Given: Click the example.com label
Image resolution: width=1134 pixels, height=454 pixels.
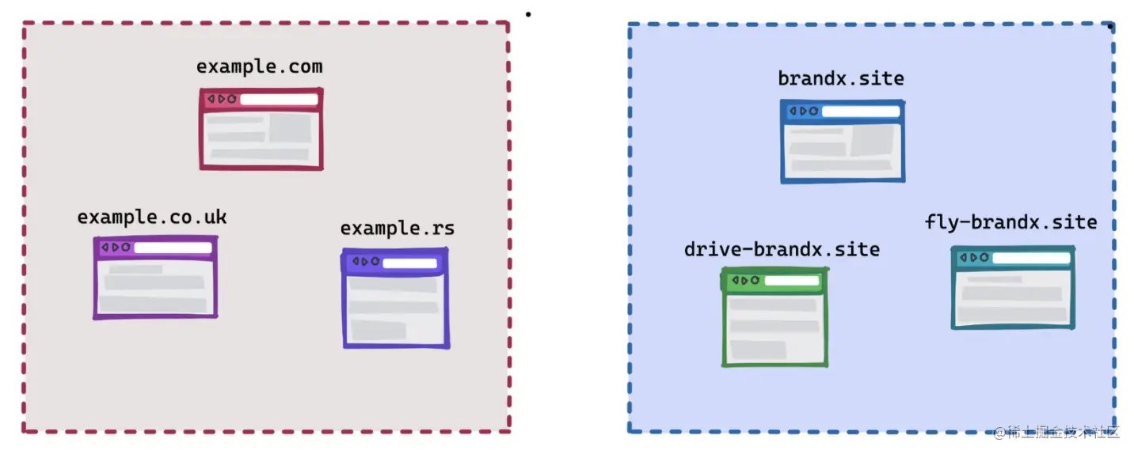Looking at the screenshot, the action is click(259, 67).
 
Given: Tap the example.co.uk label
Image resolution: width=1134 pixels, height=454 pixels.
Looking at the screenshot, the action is click(152, 217).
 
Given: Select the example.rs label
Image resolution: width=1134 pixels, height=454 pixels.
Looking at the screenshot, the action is click(398, 229).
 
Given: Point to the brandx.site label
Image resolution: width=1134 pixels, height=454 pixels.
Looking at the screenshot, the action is click(841, 79).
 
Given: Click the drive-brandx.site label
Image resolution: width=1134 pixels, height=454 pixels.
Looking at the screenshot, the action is click(782, 250).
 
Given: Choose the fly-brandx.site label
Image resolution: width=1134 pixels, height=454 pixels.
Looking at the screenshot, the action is click(1010, 222).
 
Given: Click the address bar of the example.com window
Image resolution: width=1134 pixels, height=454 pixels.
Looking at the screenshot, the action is click(279, 100).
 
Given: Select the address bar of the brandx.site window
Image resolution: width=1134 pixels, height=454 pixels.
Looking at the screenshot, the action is click(860, 112).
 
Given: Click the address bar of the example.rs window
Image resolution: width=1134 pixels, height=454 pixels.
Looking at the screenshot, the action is click(409, 263).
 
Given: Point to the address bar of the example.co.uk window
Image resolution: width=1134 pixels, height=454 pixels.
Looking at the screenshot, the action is click(173, 248).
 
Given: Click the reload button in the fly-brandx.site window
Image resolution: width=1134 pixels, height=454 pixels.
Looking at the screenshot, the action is click(984, 258).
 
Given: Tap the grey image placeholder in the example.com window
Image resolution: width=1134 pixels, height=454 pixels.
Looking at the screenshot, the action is click(290, 128).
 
